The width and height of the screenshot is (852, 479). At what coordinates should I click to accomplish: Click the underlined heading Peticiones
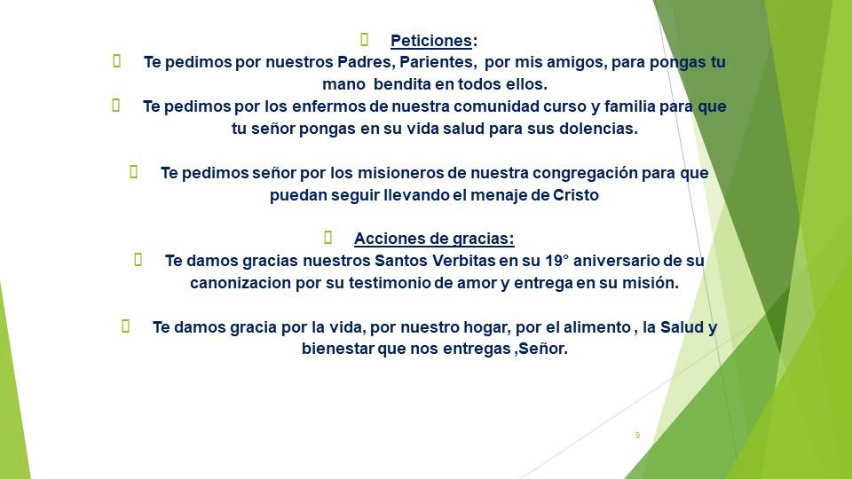[x=431, y=41]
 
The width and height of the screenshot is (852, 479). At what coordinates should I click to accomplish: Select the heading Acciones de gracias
[x=434, y=239]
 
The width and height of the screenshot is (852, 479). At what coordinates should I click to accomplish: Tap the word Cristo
[x=576, y=195]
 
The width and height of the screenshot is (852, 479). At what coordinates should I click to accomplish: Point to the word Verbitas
[x=463, y=261]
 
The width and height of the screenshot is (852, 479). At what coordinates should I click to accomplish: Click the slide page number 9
[x=637, y=435]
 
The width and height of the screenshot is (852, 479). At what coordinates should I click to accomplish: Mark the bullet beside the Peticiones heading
[x=365, y=40]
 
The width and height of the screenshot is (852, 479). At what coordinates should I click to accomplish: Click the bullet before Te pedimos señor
[x=134, y=171]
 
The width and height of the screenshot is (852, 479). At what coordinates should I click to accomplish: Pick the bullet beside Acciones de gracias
[x=328, y=238]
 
